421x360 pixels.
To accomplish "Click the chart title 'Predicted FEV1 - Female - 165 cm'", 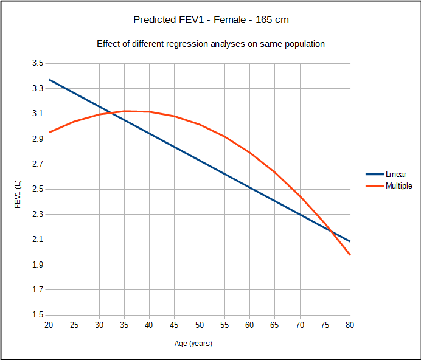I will pyautogui.click(x=211, y=20).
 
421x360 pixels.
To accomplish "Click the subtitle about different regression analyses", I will pyautogui.click(x=211, y=44).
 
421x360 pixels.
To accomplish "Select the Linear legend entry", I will pyautogui.click(x=395, y=175).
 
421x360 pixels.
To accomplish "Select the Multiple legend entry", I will pyautogui.click(x=398, y=185).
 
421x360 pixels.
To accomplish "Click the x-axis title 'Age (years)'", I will pyautogui.click(x=193, y=344).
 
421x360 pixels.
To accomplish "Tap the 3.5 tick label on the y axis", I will pyautogui.click(x=37, y=63).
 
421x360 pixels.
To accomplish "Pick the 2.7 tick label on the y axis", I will pyautogui.click(x=37, y=164).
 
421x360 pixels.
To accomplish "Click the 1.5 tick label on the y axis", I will pyautogui.click(x=37, y=315).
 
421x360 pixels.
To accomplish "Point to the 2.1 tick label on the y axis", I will pyautogui.click(x=37, y=240).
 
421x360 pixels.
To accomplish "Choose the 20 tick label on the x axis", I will pyautogui.click(x=49, y=325).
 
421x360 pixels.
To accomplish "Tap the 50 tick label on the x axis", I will pyautogui.click(x=199, y=325).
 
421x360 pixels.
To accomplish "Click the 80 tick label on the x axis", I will pyautogui.click(x=350, y=325).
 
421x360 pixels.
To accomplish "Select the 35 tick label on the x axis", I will pyautogui.click(x=124, y=325).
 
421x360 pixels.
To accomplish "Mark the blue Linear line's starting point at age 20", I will pyautogui.click(x=49, y=80).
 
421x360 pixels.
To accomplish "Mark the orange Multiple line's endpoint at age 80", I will pyautogui.click(x=350, y=255).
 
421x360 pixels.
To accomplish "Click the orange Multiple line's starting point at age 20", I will pyautogui.click(x=49, y=133).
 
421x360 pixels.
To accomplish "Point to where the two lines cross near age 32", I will pyautogui.click(x=111, y=113).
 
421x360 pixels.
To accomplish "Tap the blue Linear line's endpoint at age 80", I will pyautogui.click(x=350, y=241).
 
